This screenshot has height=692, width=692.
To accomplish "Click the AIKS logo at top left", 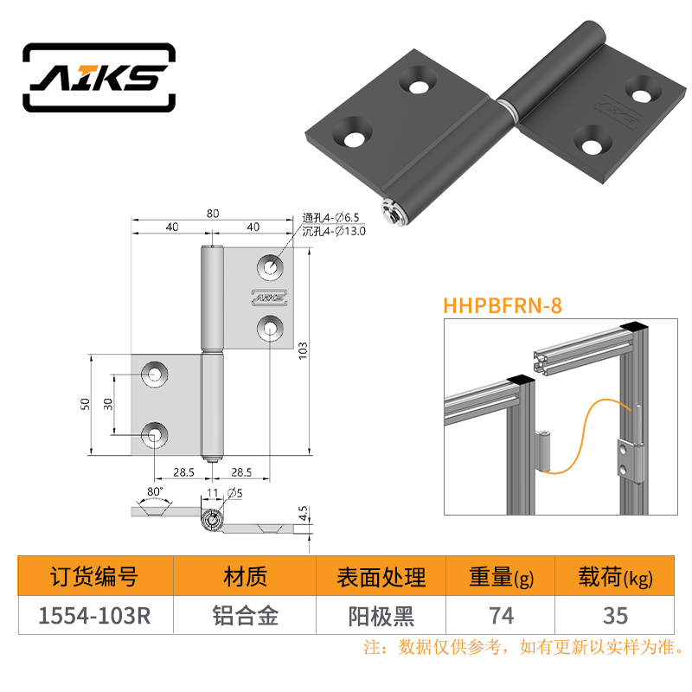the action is click(99, 78).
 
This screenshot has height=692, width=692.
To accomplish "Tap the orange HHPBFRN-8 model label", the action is click(503, 306).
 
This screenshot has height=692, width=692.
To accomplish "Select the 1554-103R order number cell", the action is click(94, 616).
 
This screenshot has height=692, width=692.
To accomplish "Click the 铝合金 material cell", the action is click(246, 616).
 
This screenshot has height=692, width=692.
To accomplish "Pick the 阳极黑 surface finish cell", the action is click(381, 616).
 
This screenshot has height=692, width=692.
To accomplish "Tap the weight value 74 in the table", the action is click(502, 616).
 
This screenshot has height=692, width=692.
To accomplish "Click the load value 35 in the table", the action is click(615, 616).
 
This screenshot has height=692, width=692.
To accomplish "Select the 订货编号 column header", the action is click(94, 577).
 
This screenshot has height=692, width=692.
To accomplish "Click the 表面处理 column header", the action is click(381, 577).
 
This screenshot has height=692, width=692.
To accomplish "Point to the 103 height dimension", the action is click(303, 351).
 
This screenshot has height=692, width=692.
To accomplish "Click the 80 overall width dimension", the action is click(213, 214).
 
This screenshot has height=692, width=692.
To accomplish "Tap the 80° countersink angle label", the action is click(155, 491).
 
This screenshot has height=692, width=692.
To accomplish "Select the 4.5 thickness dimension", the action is click(303, 513).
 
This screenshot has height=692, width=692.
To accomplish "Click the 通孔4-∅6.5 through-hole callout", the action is click(330, 218).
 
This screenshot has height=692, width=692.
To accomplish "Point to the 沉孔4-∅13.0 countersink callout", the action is click(334, 231).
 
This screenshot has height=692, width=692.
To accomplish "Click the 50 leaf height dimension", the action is click(85, 404).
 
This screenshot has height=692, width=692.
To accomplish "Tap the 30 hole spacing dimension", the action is click(108, 404).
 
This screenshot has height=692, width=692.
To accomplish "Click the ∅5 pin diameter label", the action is click(234, 493).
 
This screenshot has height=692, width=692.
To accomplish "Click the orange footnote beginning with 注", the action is click(524, 647).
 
